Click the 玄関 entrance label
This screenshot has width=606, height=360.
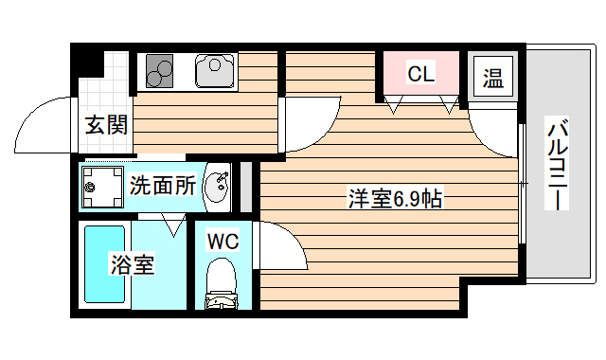(x=105, y=124)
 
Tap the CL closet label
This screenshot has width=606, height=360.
(x=420, y=73)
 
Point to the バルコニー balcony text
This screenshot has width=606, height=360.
(x=558, y=164)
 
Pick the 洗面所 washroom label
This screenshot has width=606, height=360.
(x=162, y=185)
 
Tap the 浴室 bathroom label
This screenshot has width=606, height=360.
(x=132, y=264)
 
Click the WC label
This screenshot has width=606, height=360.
(x=223, y=241)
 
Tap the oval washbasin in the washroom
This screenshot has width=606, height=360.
(x=217, y=185)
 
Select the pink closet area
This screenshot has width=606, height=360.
(x=420, y=78)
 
